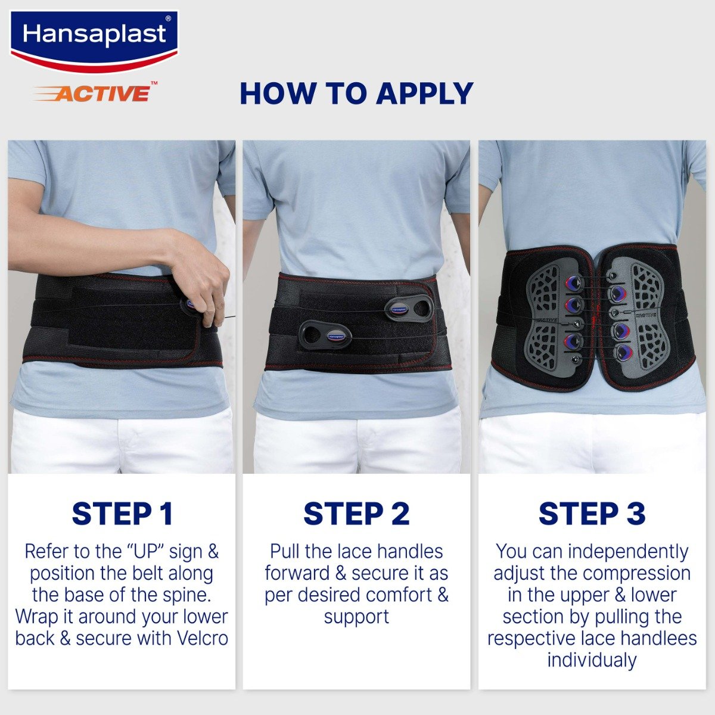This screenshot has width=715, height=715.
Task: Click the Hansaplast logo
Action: coord(94,37)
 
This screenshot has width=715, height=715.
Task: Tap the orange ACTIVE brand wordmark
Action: coord(102,93)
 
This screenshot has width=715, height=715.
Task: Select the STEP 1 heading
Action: coord(122,514)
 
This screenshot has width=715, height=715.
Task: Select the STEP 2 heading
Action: coord(356,514)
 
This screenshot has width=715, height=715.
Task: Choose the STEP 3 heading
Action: coord(592,514)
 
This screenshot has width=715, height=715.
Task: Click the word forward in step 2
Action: coord(297,573)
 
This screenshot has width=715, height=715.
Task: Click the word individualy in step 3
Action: coord(592,660)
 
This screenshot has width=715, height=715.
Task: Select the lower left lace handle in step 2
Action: coord(325,335)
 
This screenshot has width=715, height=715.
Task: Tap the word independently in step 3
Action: coord(628,552)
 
